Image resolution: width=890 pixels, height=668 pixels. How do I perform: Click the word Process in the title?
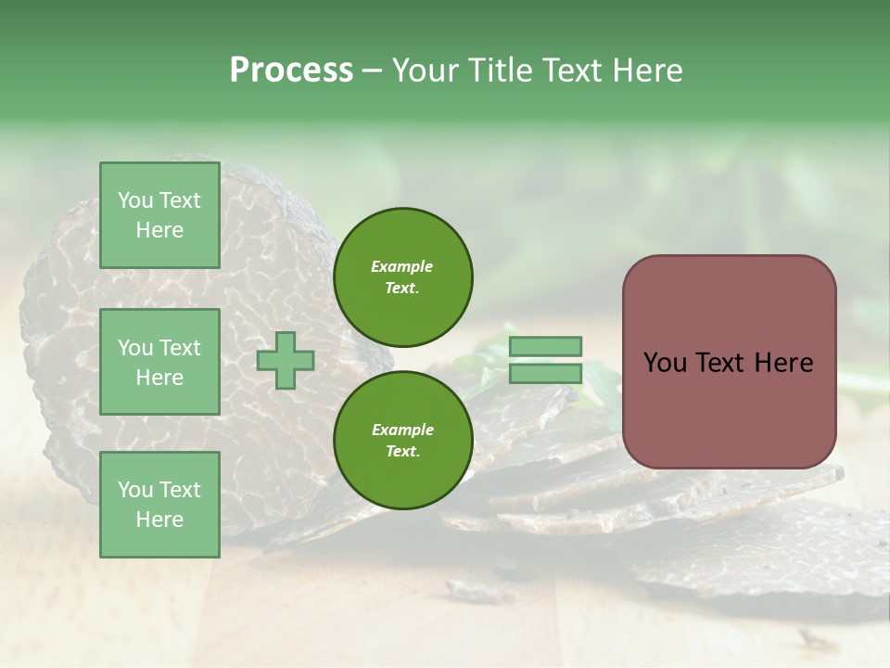(x=291, y=71)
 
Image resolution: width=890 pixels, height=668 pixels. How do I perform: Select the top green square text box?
(x=159, y=215)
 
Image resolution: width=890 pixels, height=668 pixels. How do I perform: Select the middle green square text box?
(x=159, y=362)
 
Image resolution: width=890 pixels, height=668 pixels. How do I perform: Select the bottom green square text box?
(x=159, y=505)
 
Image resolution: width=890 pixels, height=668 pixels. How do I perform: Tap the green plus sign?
(x=286, y=361)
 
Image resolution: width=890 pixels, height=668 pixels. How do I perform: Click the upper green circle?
(x=402, y=276)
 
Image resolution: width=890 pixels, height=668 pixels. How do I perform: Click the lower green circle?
(x=402, y=441)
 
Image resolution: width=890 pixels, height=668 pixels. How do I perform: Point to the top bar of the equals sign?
(x=545, y=347)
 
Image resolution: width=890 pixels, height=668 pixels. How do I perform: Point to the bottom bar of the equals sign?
(x=545, y=374)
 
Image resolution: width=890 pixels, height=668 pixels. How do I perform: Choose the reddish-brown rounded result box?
(x=729, y=362)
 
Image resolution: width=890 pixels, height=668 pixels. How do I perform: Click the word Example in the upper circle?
(x=402, y=266)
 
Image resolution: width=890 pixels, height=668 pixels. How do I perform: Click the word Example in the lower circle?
(x=402, y=430)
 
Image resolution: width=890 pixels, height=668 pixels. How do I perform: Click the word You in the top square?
(x=135, y=200)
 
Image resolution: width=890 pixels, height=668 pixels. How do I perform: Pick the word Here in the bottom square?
(x=159, y=520)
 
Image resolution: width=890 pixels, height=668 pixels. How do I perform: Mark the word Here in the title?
(x=646, y=71)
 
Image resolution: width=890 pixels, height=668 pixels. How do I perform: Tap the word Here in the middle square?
(x=159, y=378)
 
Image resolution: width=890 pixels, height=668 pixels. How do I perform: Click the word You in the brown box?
(x=665, y=363)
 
